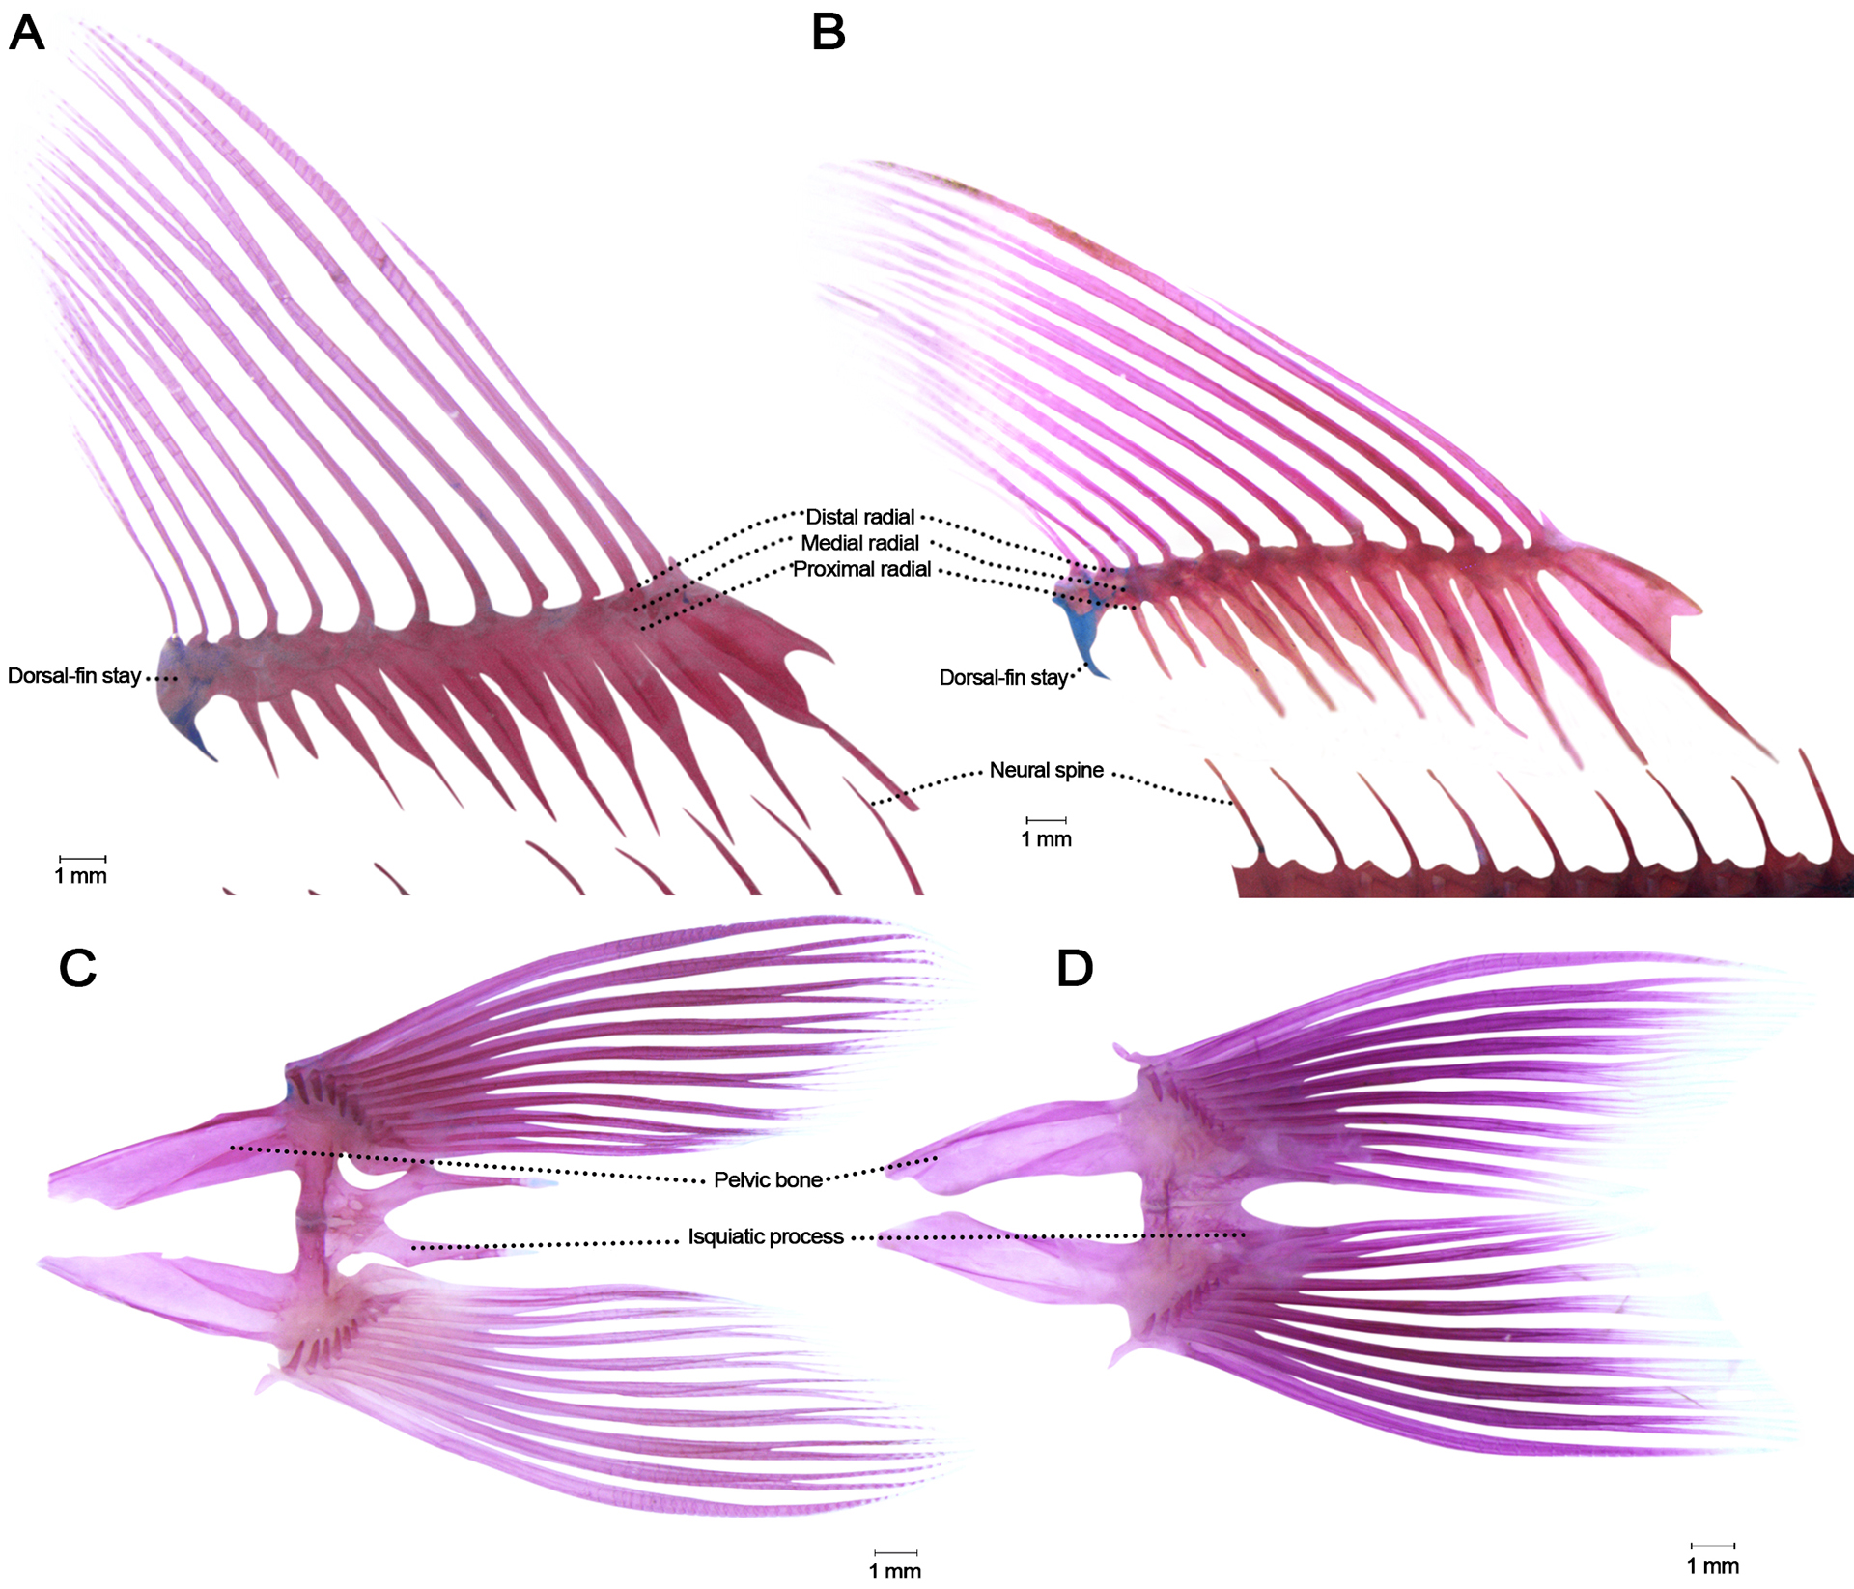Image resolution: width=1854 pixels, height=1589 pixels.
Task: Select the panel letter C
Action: (x=77, y=968)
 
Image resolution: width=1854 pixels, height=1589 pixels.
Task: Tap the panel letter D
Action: (x=1075, y=968)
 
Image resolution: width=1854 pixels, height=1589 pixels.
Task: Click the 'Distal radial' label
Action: (x=859, y=517)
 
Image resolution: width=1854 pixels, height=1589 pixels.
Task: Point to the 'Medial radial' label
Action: (x=859, y=543)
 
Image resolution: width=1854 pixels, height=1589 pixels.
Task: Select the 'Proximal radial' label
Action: (x=861, y=569)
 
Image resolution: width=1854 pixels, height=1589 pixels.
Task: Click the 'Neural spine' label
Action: (x=1046, y=770)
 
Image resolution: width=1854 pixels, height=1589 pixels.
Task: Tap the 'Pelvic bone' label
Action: (x=768, y=1179)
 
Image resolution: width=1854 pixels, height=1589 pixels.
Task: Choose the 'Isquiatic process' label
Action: (x=765, y=1236)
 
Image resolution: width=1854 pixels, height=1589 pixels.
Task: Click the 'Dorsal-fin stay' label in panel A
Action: (x=74, y=676)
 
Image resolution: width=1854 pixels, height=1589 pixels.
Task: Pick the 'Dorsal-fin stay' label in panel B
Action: (x=1002, y=678)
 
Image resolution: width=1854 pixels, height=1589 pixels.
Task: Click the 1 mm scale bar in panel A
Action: (x=82, y=858)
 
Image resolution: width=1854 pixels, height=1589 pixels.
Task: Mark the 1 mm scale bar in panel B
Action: (x=1046, y=820)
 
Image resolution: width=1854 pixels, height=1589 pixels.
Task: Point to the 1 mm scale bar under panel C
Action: (x=894, y=1553)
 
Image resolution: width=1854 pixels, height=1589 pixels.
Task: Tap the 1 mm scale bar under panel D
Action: (x=1712, y=1546)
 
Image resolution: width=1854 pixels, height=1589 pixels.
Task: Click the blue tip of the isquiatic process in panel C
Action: (x=543, y=1182)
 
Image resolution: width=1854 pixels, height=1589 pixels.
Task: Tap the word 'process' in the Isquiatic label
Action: (x=807, y=1236)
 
